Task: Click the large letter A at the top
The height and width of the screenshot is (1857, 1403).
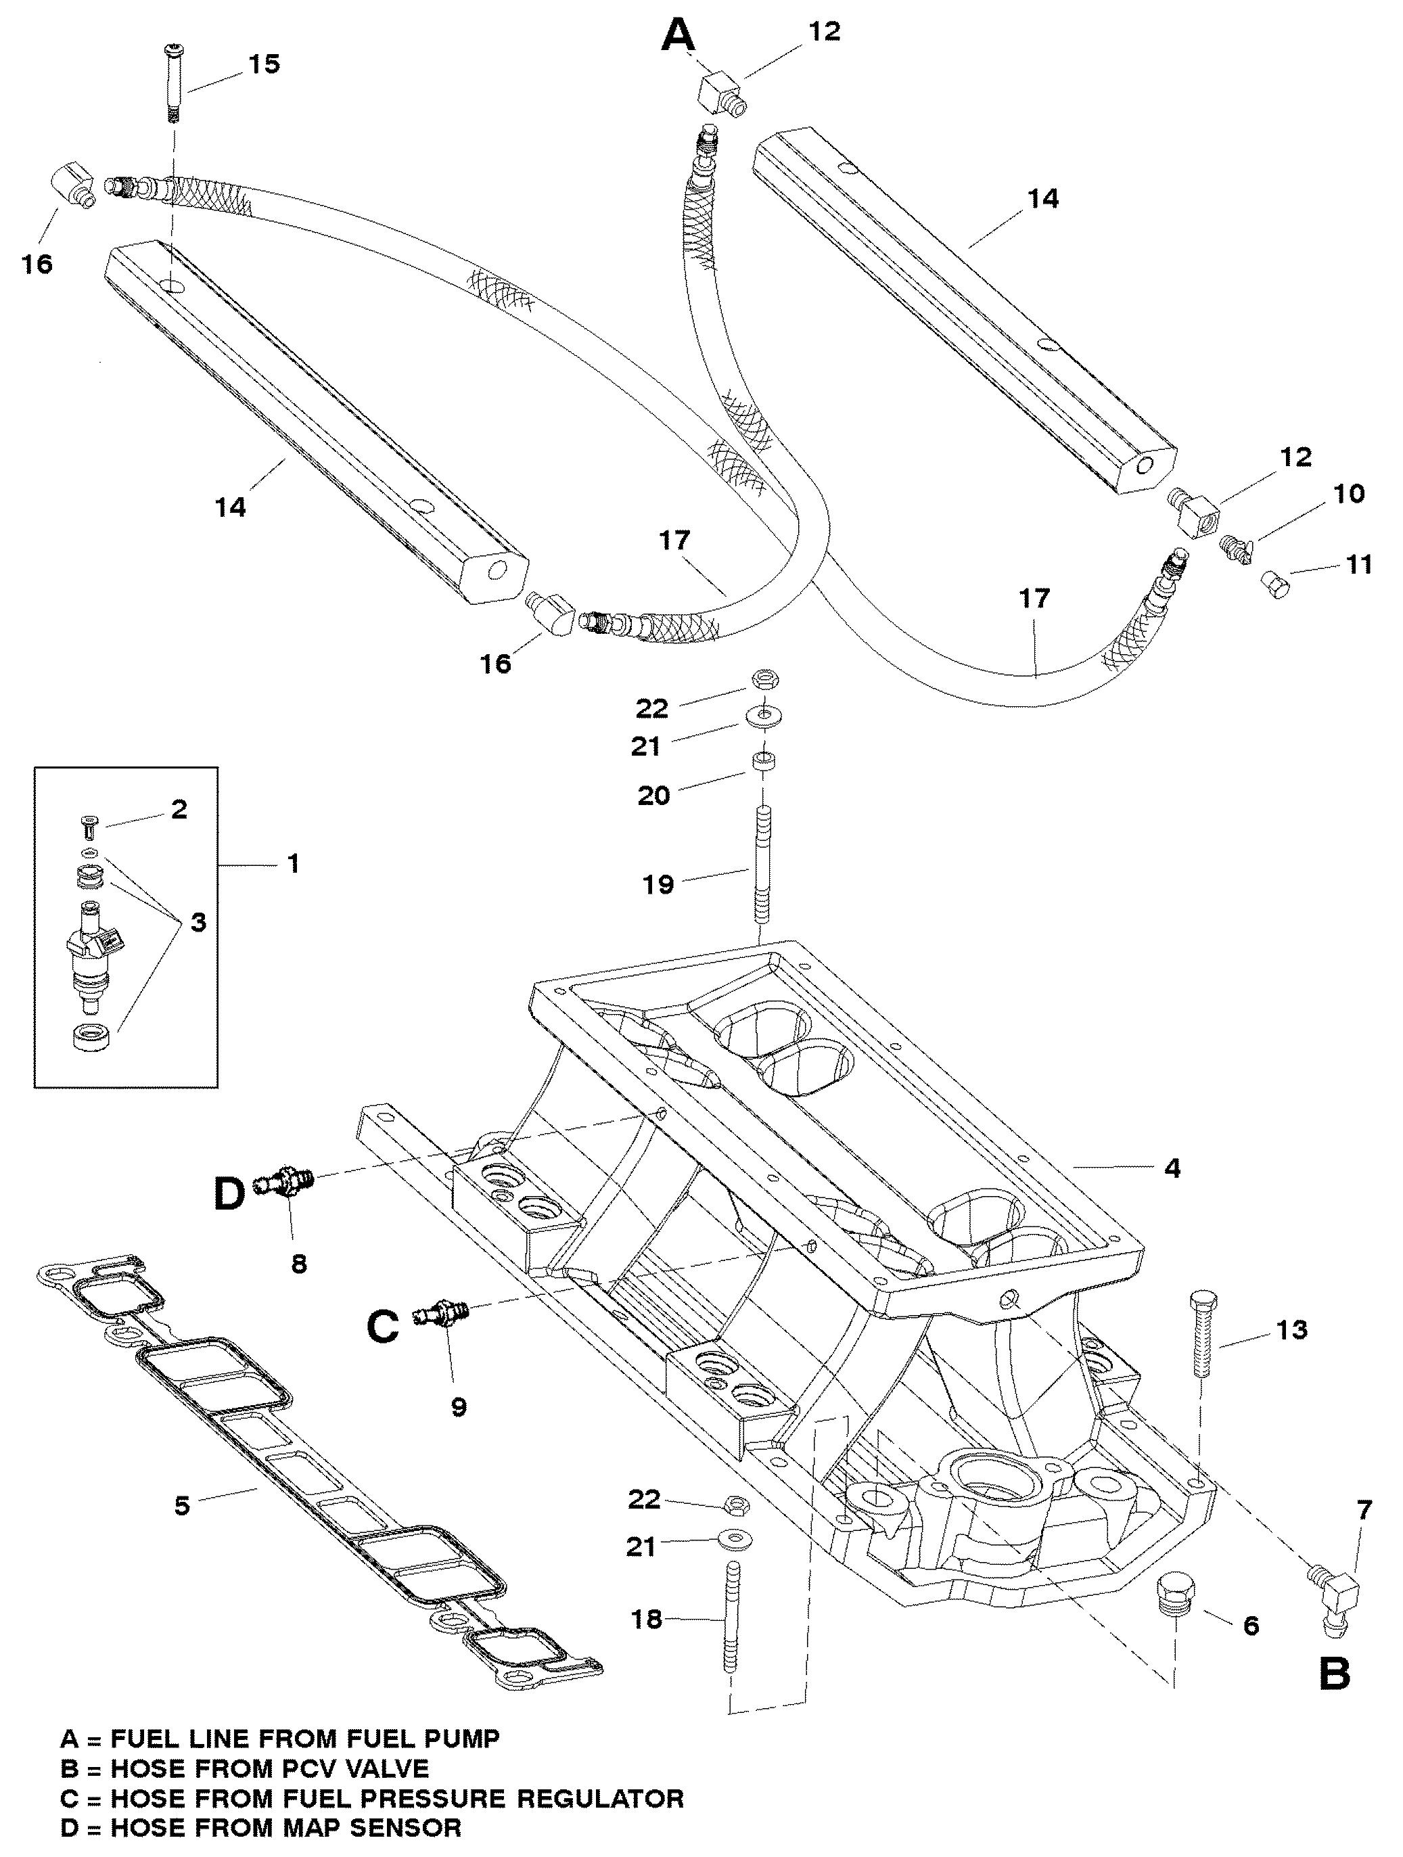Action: point(679,37)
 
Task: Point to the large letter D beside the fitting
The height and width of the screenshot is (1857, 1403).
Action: point(229,1195)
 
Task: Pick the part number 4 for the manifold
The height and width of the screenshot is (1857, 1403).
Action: point(1172,1168)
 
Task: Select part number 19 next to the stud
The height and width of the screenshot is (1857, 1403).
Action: point(659,884)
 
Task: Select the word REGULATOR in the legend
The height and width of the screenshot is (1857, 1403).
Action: point(599,1798)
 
